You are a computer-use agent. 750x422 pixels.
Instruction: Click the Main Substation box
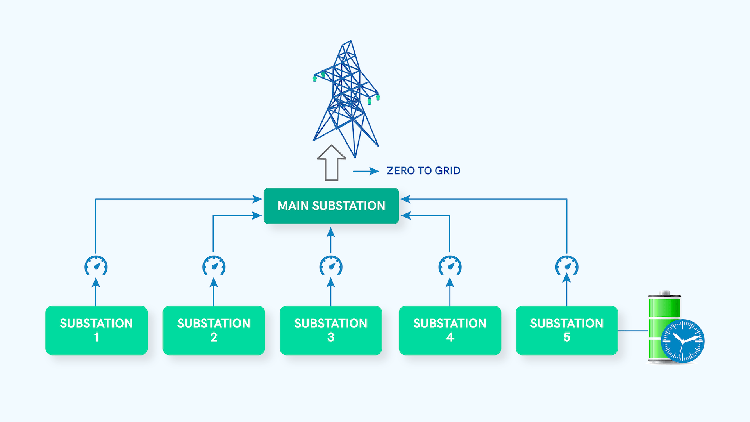331,206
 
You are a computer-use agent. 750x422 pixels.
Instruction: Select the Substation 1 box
96,330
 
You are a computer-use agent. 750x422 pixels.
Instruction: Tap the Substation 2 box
214,330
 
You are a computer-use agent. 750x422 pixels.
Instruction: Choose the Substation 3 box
331,330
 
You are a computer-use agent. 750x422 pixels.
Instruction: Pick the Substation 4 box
450,330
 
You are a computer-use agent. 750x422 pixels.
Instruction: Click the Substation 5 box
566,330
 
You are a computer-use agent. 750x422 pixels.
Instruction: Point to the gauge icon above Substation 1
96,266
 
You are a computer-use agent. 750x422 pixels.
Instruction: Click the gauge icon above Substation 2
214,266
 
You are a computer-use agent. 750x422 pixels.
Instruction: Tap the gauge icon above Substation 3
331,266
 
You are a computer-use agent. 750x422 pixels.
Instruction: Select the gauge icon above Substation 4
450,266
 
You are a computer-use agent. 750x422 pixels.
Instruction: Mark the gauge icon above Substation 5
567,266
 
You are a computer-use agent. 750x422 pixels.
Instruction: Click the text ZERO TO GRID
423,171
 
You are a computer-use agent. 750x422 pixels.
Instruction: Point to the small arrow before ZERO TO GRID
366,171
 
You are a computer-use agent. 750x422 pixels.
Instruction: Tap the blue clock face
682,341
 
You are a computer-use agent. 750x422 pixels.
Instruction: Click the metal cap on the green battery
664,293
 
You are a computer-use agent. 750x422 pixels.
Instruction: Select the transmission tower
346,98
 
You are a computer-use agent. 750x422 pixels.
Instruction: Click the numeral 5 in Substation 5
567,337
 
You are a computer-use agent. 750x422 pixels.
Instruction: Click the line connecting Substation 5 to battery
633,331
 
